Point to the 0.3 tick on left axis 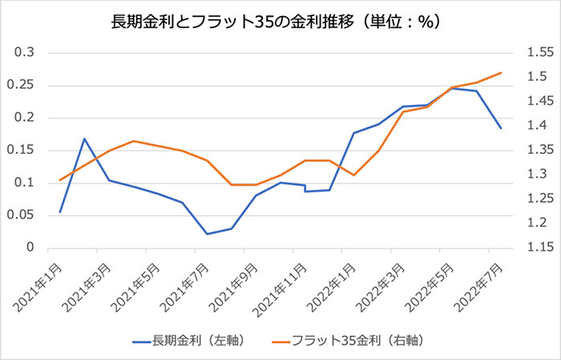click(26, 53)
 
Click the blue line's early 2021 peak click(85, 139)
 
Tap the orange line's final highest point click(501, 73)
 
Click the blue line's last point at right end click(501, 128)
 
